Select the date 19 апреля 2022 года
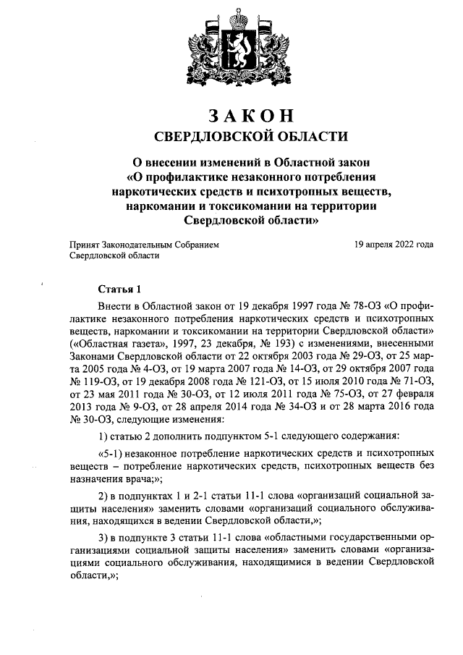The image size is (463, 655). (394, 245)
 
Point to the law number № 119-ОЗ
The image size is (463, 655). (92, 383)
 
